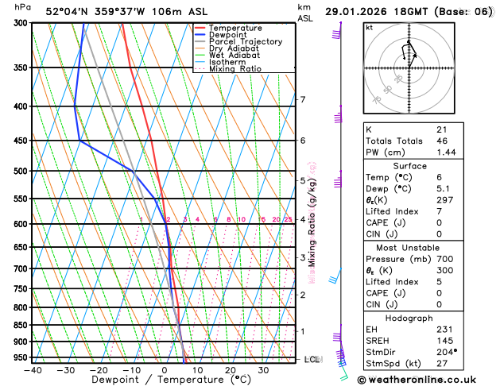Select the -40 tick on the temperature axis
coord(33,370)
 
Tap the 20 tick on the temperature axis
coord(231,370)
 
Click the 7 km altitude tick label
coord(302,99)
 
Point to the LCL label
coord(312,359)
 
